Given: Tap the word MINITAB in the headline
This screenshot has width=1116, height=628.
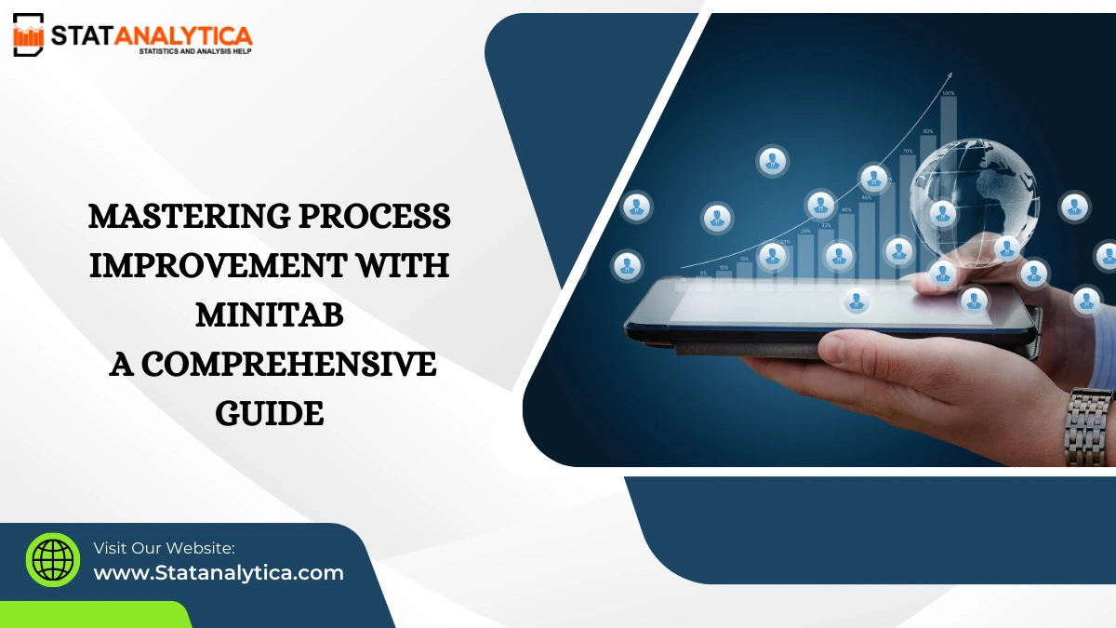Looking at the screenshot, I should (x=270, y=315).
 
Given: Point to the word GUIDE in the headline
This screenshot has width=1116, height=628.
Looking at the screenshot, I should (x=270, y=413).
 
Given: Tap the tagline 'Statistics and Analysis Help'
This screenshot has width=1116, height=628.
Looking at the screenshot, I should (x=194, y=50).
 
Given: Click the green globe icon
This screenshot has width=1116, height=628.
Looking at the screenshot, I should (x=53, y=559).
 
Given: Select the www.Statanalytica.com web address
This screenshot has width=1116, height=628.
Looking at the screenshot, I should (x=219, y=572).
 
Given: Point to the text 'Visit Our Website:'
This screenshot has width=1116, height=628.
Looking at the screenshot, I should (x=164, y=548).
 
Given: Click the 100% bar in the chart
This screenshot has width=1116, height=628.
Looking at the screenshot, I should (x=948, y=140).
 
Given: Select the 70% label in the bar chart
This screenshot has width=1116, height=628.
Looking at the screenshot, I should (x=907, y=150).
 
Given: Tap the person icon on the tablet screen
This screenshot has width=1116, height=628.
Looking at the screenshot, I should (x=857, y=301).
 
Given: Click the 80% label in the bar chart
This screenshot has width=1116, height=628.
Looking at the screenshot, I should (x=928, y=131).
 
